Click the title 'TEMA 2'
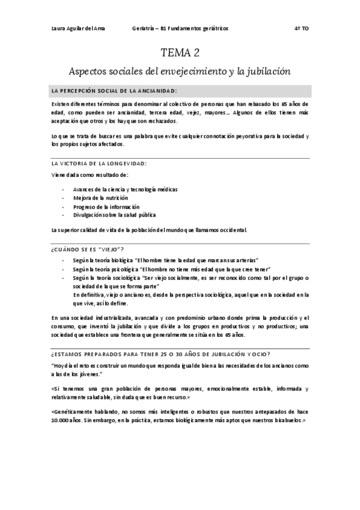[180, 52]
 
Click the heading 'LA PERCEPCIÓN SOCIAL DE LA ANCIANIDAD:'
[114, 91]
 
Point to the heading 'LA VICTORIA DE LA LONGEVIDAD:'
[99, 164]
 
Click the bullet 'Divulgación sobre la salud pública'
[114, 214]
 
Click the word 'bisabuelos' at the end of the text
[290, 422]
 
